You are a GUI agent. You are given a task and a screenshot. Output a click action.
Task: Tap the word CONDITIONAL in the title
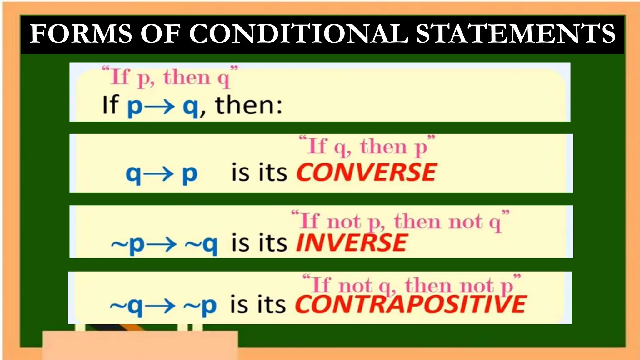(298, 34)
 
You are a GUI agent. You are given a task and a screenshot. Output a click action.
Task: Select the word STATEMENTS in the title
(515, 34)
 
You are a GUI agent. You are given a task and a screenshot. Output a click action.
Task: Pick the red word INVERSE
(352, 243)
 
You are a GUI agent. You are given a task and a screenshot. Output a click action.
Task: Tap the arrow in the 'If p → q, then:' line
(160, 107)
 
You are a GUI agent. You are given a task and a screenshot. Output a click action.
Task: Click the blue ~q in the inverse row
(201, 244)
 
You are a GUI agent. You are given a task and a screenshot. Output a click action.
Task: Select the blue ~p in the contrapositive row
(200, 306)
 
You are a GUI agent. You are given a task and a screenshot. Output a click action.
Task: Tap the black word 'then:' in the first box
(249, 105)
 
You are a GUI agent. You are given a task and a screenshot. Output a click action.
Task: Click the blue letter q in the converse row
(133, 174)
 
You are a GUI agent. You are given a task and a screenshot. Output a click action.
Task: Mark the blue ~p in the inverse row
(128, 244)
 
